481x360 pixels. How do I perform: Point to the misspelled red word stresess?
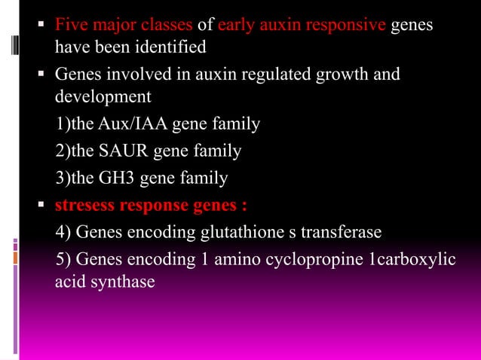pyautogui.click(x=82, y=205)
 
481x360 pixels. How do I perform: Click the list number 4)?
pyautogui.click(x=64, y=231)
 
